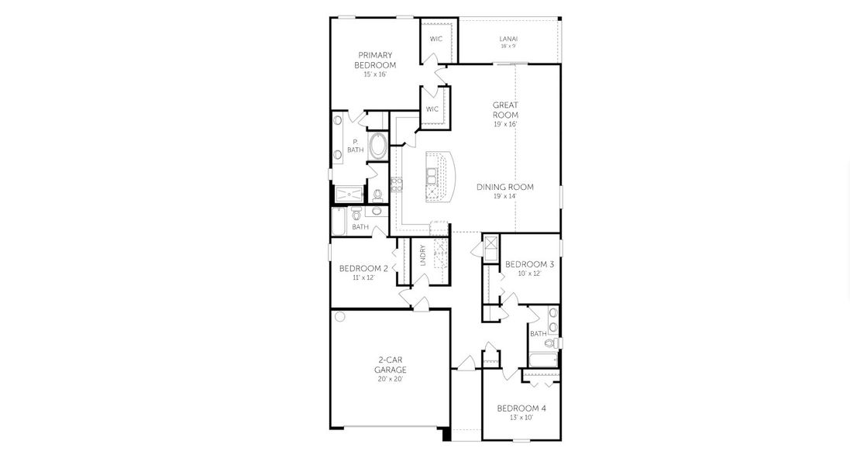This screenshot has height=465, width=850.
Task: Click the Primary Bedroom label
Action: pos(375,60)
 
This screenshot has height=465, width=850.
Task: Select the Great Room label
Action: pos(505,109)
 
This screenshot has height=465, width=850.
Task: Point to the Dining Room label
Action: pos(504,187)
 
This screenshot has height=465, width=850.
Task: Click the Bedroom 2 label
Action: pos(363,268)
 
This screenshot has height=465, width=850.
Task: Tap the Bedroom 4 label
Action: pos(515,408)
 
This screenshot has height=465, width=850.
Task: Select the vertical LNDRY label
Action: pos(422,256)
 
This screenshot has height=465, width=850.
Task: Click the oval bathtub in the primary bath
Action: pos(378,147)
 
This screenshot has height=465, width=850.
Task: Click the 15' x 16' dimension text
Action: pos(375,74)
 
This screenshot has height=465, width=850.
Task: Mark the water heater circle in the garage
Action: pos(339,316)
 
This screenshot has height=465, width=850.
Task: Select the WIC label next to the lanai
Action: pos(435,39)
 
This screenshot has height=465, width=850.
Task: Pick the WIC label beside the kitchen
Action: pos(432,109)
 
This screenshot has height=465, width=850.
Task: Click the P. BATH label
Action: pos(355,145)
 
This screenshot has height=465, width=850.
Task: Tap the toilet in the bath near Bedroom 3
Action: pos(551,342)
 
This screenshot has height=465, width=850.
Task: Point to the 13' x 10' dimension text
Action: pos(515,418)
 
